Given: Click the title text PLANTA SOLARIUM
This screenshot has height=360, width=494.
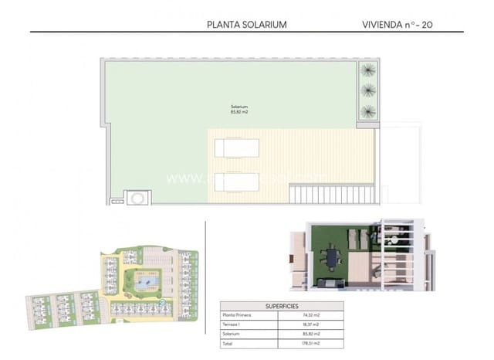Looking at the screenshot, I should [x=247, y=24].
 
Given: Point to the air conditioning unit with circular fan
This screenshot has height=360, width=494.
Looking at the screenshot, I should [x=137, y=198].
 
